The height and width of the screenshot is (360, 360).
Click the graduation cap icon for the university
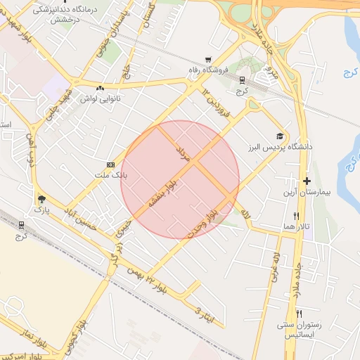(x=280, y=136)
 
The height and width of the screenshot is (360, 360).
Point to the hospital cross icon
(x=307, y=181)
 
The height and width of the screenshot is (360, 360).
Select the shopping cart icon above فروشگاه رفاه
(x=207, y=60)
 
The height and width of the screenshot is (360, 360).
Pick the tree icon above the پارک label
(x=41, y=198)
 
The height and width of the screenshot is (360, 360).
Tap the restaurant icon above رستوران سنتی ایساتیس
(x=300, y=313)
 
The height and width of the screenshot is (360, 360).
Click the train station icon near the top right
(x=242, y=80)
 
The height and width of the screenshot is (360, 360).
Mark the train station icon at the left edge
(x=20, y=225)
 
